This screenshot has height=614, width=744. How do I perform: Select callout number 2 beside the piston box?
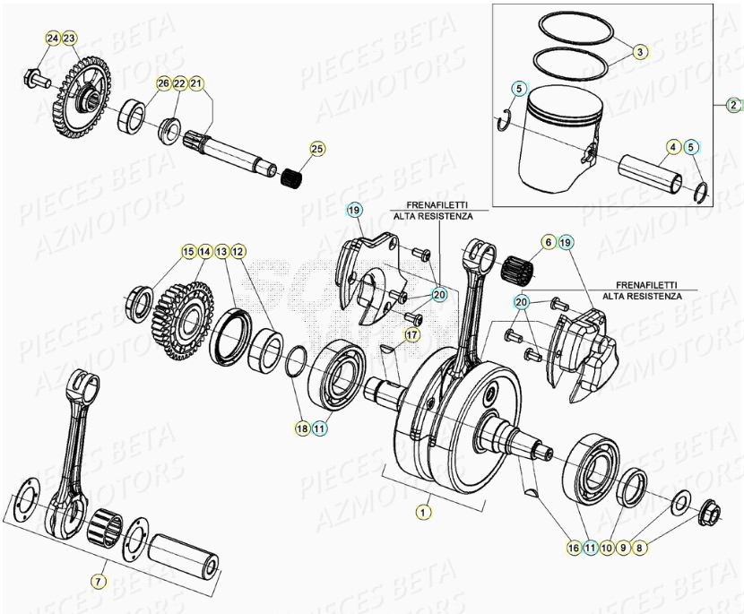coord(733,104)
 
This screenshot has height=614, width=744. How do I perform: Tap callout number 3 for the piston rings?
coord(639,52)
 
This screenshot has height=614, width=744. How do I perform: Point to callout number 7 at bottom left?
coord(98,581)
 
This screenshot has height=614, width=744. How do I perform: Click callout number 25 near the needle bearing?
coord(316,148)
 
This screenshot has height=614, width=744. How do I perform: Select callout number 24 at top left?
coord(52,39)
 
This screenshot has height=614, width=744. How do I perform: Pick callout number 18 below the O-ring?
coord(302,429)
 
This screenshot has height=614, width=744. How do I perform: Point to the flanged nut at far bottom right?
coord(708,512)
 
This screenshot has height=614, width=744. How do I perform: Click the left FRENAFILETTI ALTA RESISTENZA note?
coord(434,211)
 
